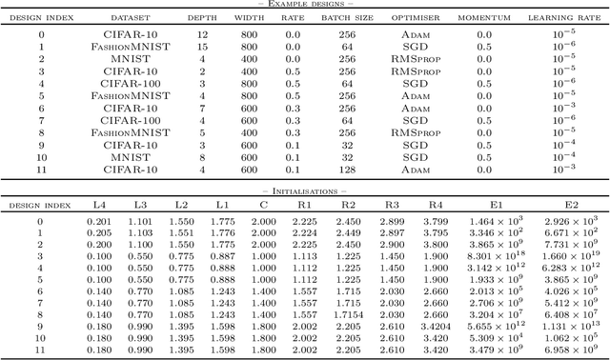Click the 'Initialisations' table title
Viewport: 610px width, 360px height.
304,190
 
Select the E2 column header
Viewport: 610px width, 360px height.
571,205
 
